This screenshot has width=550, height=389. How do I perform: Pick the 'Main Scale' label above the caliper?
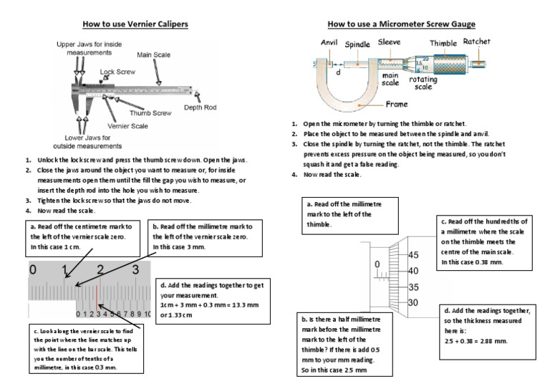pos(154,54)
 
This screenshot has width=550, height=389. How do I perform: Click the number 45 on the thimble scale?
pos(415,256)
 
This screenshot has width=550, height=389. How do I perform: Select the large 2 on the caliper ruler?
pos(100,270)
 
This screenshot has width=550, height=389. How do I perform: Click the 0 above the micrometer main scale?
pos(377,264)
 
